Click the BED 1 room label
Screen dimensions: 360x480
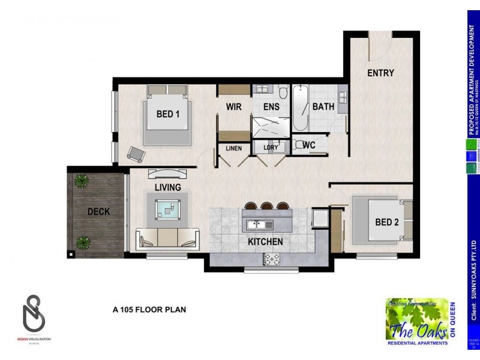click(168, 114)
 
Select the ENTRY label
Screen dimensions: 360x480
click(380, 73)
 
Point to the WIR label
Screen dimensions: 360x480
click(233, 107)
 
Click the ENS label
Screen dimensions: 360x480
click(271, 107)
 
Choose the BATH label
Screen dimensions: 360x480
click(323, 107)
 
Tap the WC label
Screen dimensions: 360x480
click(309, 145)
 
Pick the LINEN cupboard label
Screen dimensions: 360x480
click(234, 148)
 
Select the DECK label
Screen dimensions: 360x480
click(98, 211)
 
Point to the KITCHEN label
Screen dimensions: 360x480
click(266, 242)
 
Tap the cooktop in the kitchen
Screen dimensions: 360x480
click(271, 259)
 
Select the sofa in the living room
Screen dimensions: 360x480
click(167, 238)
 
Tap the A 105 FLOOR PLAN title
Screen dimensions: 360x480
click(149, 310)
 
